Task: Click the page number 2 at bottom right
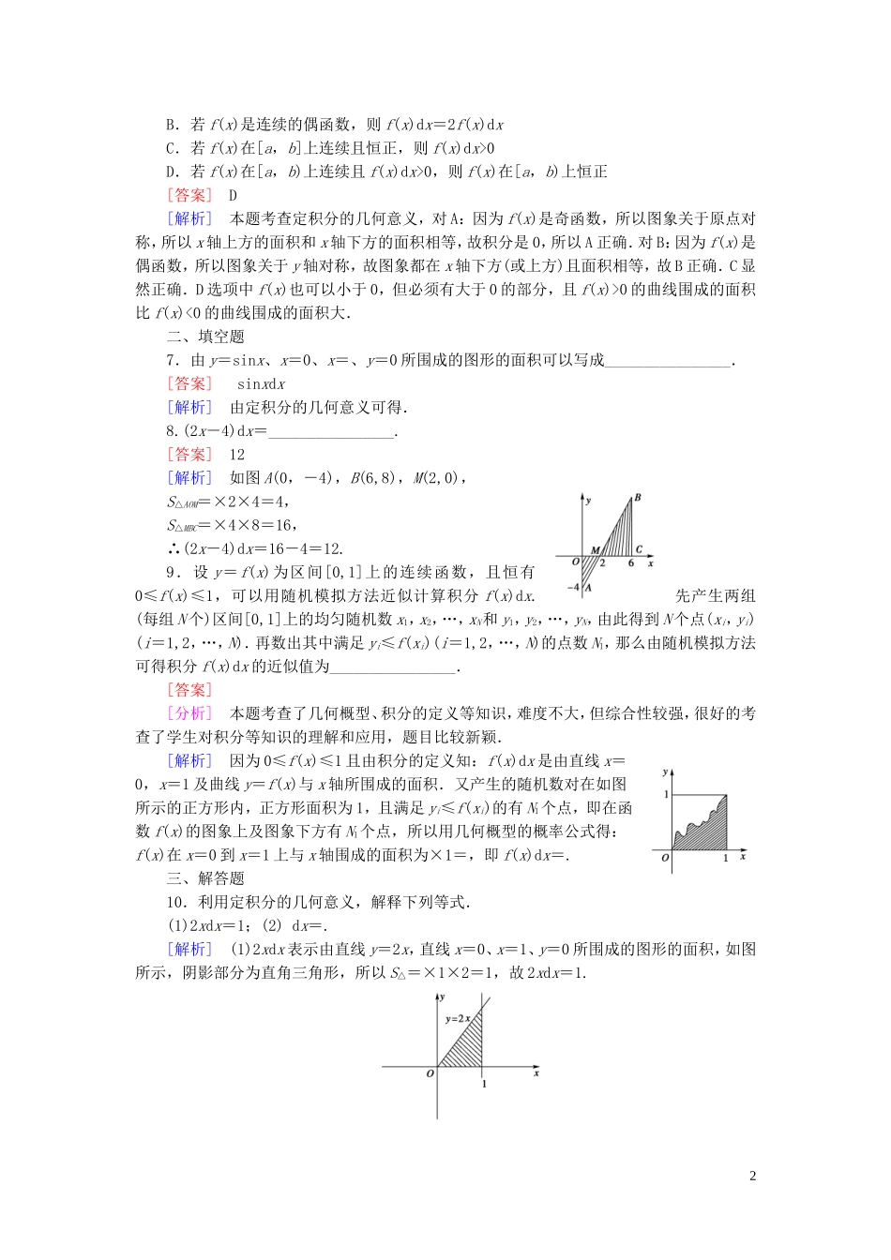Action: tap(753, 1177)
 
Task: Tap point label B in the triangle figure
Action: tap(638, 497)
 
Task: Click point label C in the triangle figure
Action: tap(639, 550)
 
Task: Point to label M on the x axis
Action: tap(595, 550)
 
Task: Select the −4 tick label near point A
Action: tap(573, 587)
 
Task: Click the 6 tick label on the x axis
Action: tap(631, 563)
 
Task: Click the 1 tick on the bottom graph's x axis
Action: tap(484, 1084)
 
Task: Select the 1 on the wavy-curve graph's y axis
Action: tap(666, 794)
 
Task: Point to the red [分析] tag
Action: tap(189, 713)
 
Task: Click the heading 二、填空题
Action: tap(205, 337)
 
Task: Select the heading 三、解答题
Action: tap(205, 878)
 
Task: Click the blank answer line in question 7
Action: tap(667, 361)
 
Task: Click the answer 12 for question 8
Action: tap(237, 455)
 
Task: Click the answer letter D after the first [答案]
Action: tap(234, 195)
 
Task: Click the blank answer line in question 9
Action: tap(392, 667)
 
